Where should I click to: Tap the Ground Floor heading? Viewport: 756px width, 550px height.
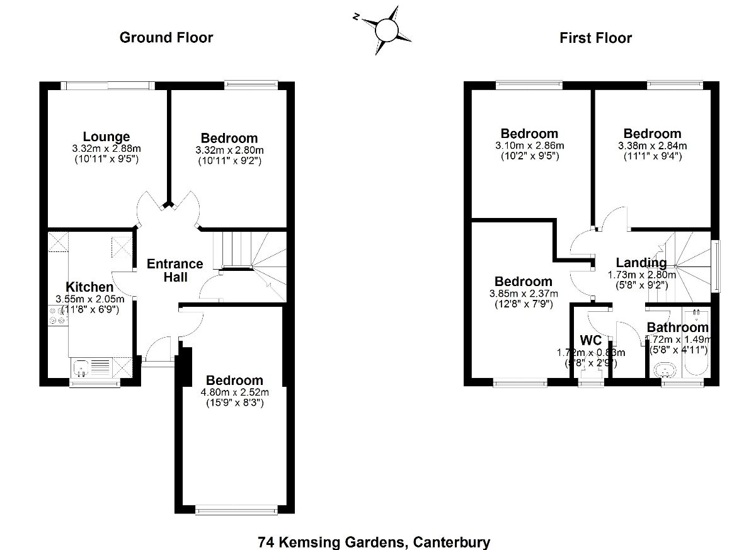pyautogui.click(x=166, y=38)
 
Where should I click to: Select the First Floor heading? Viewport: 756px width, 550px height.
pyautogui.click(x=595, y=38)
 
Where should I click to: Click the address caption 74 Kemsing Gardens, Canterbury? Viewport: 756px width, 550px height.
pyautogui.click(x=374, y=541)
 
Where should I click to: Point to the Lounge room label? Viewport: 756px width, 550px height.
pyautogui.click(x=106, y=137)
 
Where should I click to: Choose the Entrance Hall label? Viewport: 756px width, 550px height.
pyautogui.click(x=175, y=270)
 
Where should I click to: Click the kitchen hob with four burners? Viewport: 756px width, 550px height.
pyautogui.click(x=58, y=316)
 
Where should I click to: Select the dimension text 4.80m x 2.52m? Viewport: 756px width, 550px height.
pyautogui.click(x=234, y=392)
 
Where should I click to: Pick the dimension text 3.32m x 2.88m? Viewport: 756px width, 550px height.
pyautogui.click(x=106, y=149)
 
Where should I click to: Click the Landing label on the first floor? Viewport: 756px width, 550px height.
pyautogui.click(x=641, y=263)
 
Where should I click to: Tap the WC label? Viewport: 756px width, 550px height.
pyautogui.click(x=591, y=341)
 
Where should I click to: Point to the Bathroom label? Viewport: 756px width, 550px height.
pyautogui.click(x=677, y=328)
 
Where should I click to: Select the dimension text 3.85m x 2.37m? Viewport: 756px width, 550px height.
pyautogui.click(x=523, y=293)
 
